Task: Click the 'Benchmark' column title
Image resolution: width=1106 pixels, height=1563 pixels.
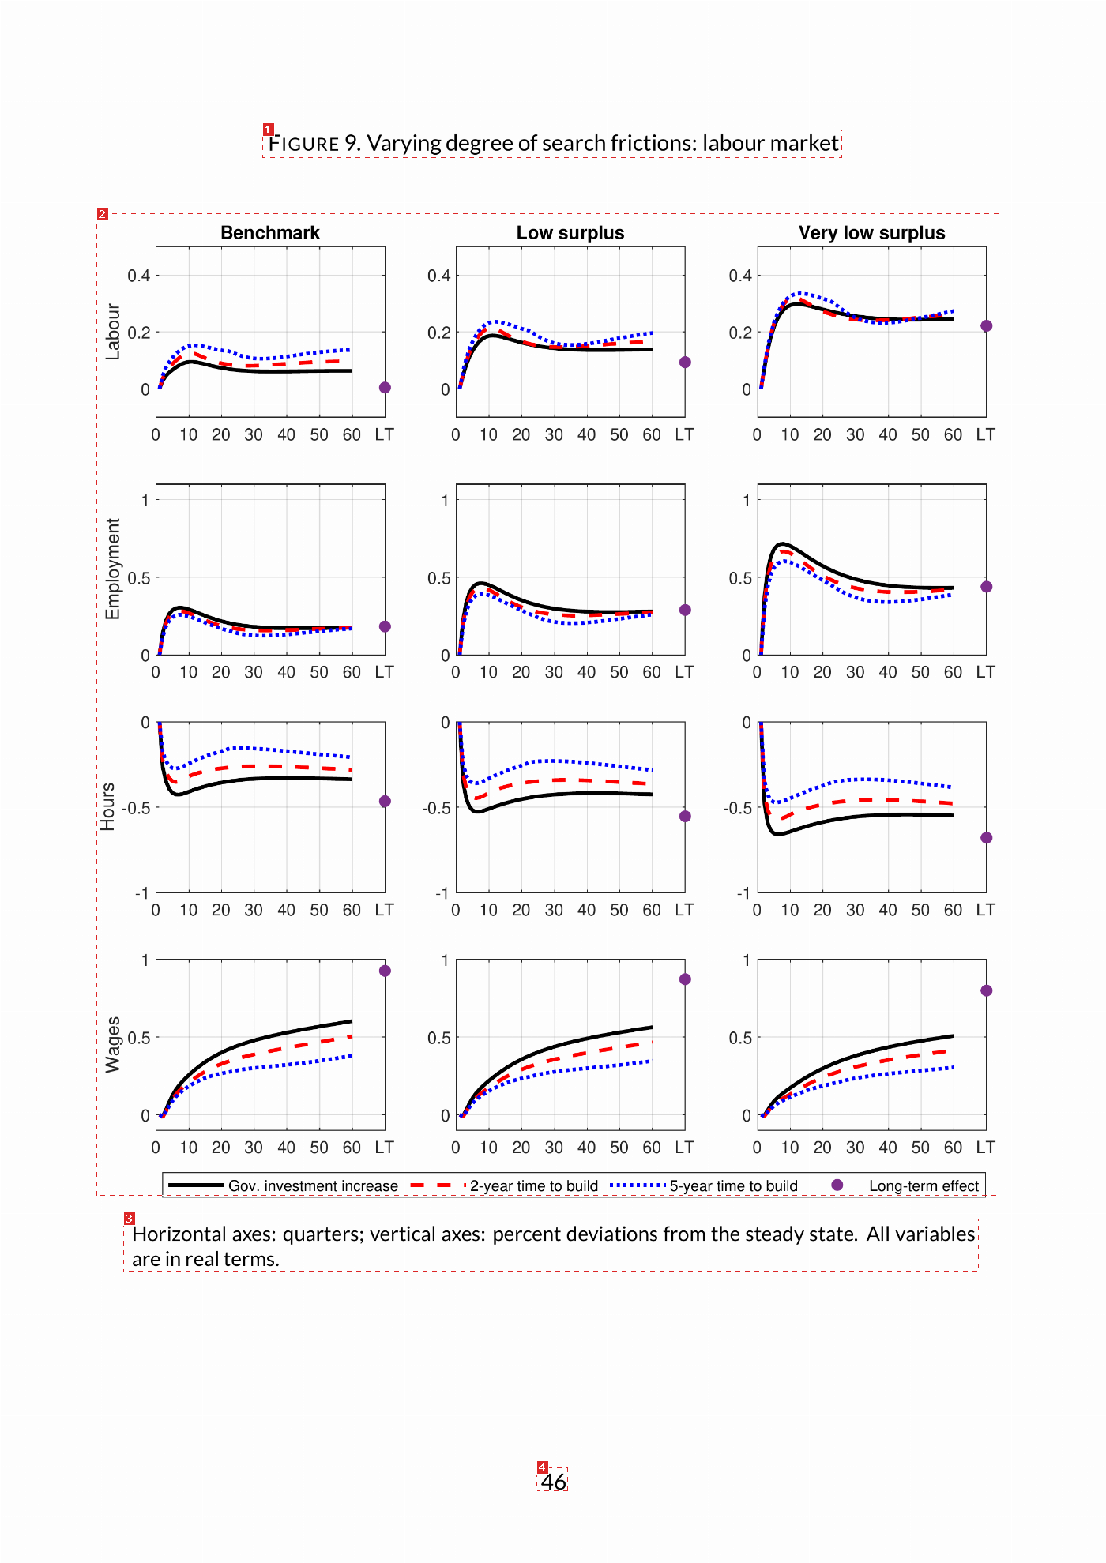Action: (270, 233)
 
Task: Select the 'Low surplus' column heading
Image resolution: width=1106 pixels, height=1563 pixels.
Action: (570, 233)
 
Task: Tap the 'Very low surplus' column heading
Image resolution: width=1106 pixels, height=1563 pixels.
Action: (872, 233)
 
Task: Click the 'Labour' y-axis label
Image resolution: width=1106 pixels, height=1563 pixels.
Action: (113, 332)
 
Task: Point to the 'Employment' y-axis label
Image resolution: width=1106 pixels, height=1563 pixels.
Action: (113, 569)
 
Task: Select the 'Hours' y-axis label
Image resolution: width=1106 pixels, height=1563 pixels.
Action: (107, 806)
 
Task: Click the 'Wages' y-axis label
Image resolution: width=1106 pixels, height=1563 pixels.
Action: (113, 1044)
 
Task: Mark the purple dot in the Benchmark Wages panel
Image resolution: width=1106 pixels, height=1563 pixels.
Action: (385, 971)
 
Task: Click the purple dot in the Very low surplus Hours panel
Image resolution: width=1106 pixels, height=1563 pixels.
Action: (986, 838)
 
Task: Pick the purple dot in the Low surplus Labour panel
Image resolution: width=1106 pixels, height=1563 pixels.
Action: (685, 363)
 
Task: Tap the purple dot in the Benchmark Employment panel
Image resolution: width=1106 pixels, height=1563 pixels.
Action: (385, 626)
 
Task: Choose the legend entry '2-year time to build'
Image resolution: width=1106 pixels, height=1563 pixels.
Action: (534, 1186)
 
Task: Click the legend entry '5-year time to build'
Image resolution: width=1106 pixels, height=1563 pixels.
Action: (734, 1186)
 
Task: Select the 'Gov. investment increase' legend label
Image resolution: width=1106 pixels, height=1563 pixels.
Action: (313, 1186)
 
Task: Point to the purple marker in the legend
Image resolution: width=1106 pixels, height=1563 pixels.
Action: (837, 1185)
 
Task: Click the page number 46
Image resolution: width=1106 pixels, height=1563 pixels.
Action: (554, 1481)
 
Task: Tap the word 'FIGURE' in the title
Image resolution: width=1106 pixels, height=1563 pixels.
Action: (304, 144)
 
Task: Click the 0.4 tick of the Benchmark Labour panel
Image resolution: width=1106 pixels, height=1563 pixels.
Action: (139, 276)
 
